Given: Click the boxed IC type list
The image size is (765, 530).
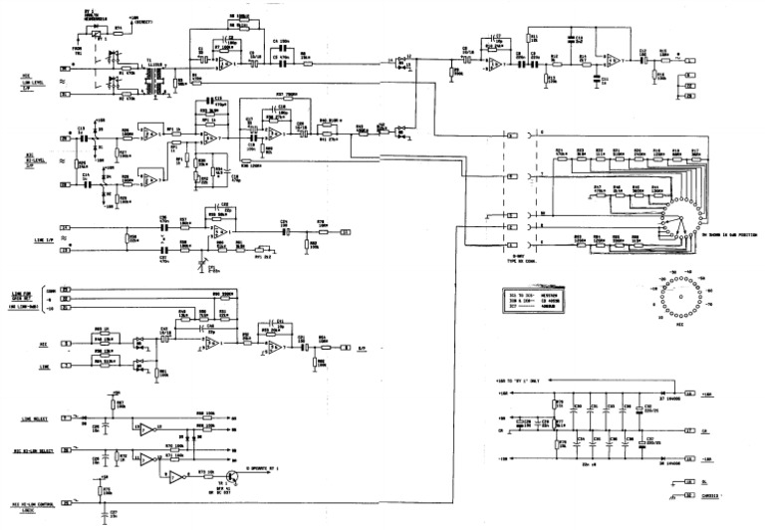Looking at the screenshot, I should tap(537, 301).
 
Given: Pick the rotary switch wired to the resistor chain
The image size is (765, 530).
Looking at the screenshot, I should tap(680, 218).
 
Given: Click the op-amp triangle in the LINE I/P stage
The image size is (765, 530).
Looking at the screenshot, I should tap(221, 232).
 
